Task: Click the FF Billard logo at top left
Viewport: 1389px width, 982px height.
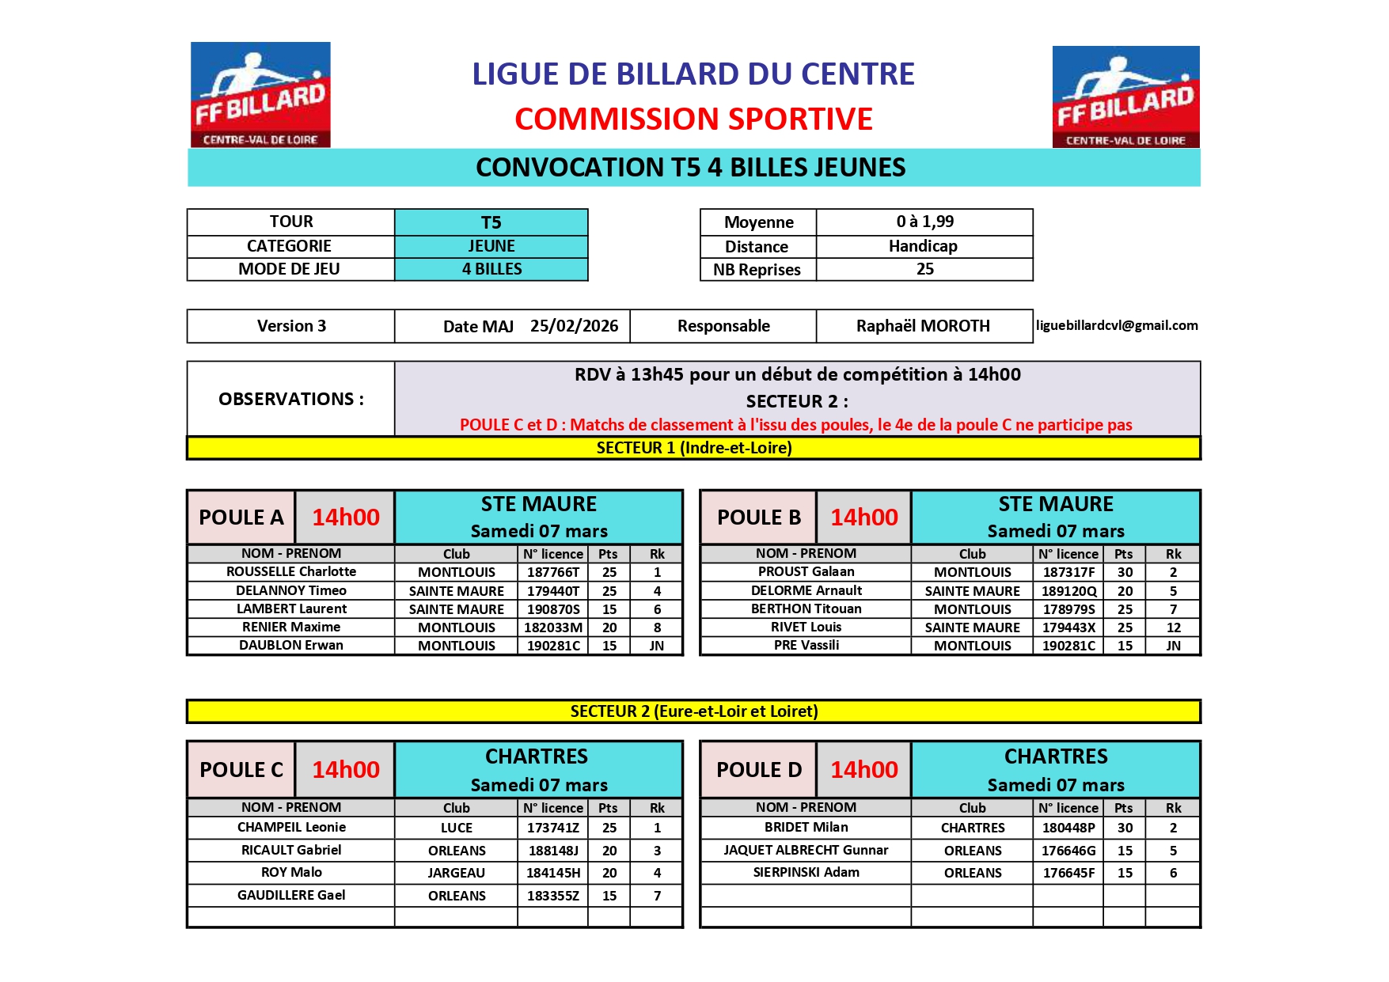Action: [x=260, y=94]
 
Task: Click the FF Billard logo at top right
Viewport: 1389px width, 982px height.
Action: [x=1125, y=97]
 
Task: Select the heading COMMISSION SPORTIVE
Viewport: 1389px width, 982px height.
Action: [x=693, y=119]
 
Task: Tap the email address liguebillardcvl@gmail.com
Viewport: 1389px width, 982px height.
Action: [x=1117, y=325]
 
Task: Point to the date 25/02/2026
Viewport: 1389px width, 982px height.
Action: [x=574, y=326]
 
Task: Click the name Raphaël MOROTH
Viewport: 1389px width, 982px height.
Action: [x=923, y=326]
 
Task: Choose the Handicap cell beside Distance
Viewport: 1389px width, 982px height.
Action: [x=923, y=246]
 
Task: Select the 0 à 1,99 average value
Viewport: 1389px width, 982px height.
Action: [x=924, y=222]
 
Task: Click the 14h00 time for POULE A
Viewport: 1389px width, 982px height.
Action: [x=345, y=518]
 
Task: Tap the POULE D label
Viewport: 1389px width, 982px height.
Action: [x=758, y=770]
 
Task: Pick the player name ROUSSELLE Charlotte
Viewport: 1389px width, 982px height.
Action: [x=291, y=571]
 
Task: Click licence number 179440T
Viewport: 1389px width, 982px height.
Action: [x=553, y=591]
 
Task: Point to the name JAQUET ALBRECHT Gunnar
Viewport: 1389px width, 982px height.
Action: [x=806, y=850]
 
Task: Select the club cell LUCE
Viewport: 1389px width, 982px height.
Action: [x=456, y=828]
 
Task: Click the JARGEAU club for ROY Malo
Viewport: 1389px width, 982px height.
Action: [x=456, y=873]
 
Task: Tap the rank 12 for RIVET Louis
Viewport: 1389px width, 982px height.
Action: [x=1173, y=627]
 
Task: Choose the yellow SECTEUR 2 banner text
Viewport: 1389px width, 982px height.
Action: [x=693, y=711]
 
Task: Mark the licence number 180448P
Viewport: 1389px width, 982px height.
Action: [x=1068, y=828]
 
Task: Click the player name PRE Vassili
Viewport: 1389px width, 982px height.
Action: [x=806, y=645]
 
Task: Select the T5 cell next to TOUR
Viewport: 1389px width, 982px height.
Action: [x=491, y=222]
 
